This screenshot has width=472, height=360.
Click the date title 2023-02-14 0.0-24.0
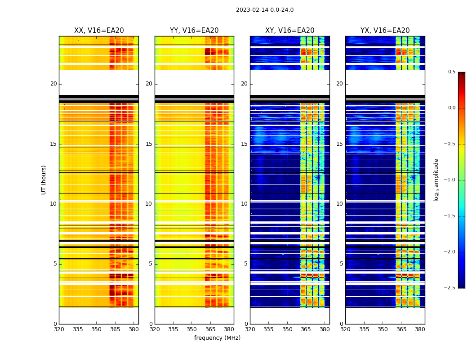(265, 10)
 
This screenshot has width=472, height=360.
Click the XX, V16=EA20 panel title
(99, 31)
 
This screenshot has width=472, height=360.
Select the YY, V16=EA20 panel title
(194, 31)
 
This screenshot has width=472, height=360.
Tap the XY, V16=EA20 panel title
(290, 31)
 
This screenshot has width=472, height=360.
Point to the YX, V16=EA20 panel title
(385, 31)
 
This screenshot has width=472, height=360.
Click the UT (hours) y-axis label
(44, 180)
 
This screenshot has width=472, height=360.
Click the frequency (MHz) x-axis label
(217, 338)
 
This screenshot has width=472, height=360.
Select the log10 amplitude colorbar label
(436, 180)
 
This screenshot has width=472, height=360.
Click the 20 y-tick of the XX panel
(53, 84)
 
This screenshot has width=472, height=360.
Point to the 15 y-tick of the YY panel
(149, 144)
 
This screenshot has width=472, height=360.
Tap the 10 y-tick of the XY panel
(244, 204)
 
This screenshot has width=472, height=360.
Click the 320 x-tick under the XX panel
(59, 329)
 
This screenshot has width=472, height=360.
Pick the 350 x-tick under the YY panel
(192, 329)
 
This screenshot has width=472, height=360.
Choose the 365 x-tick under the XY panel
(306, 329)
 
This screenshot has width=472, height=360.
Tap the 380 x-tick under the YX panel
(420, 329)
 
